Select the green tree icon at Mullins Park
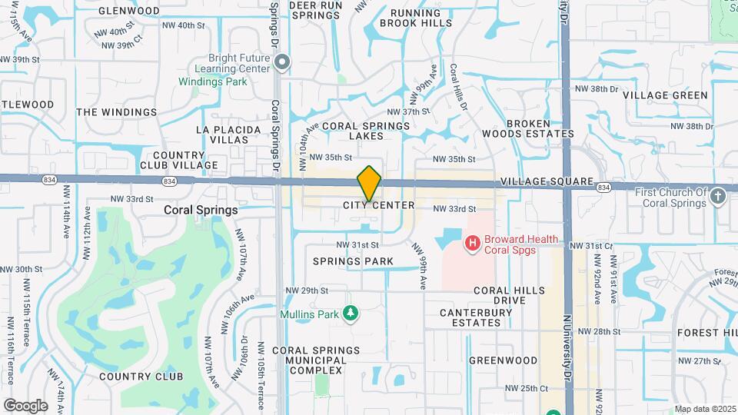(x=351, y=313)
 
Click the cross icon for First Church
(x=718, y=196)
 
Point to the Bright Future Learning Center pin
(x=283, y=62)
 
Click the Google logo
(x=25, y=405)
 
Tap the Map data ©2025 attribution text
(x=705, y=409)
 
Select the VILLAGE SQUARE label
(x=547, y=182)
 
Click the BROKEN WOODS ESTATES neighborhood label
(x=539, y=128)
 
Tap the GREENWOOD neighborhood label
(x=504, y=360)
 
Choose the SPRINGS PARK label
(x=353, y=261)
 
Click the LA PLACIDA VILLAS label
(x=223, y=134)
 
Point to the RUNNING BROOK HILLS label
(x=421, y=18)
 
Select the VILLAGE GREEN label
(x=665, y=95)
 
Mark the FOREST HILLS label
(x=708, y=333)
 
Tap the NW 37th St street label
(x=407, y=111)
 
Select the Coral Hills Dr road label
(x=459, y=85)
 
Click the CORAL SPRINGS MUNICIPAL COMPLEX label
(x=315, y=360)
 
